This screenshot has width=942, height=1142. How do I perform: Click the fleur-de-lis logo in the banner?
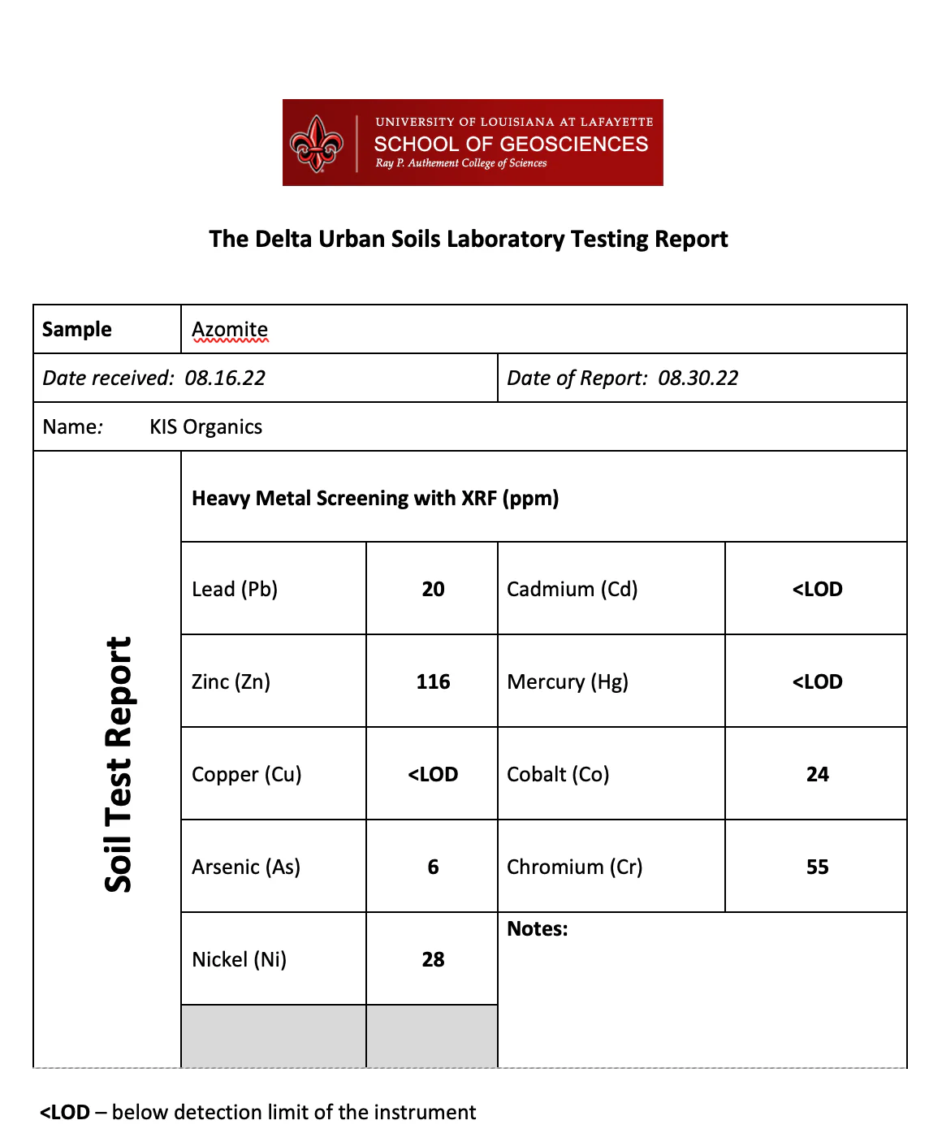tap(317, 144)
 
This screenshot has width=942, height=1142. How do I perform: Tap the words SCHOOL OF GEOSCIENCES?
tap(511, 145)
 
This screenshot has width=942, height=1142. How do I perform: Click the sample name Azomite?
tap(230, 330)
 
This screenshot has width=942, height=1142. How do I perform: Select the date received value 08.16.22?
tap(225, 379)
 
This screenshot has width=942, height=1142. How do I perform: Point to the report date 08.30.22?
tap(698, 379)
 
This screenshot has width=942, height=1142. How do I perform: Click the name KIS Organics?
tap(205, 427)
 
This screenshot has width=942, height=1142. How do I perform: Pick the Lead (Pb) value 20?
tap(433, 590)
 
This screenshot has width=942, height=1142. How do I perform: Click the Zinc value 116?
tap(433, 682)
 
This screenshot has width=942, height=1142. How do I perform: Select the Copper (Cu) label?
tap(247, 775)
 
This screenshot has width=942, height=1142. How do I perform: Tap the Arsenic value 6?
tap(433, 867)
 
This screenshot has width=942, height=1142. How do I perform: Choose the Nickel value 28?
tap(433, 960)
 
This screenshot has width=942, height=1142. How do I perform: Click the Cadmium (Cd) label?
tap(572, 590)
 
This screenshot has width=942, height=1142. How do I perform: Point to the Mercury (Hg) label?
tap(568, 682)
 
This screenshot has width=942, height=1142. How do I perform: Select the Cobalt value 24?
tap(817, 775)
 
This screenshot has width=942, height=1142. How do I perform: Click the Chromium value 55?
tap(817, 867)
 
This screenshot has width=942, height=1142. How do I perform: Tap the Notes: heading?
tap(538, 929)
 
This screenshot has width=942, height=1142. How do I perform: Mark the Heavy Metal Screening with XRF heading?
tap(375, 499)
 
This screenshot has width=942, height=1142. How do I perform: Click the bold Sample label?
tap(77, 330)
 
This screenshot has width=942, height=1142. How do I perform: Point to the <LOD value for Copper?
tap(433, 775)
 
